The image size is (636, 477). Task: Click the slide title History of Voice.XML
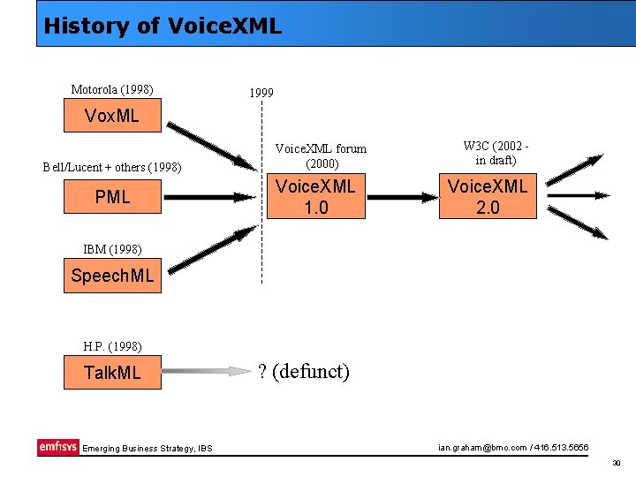[163, 25]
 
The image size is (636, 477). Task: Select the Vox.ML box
[112, 116]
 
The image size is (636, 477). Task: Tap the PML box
[112, 197]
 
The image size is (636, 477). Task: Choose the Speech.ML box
[112, 276]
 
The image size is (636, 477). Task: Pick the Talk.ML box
[112, 373]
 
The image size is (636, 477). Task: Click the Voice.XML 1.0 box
[315, 197]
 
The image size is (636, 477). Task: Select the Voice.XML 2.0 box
[488, 197]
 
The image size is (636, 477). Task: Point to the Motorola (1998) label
[112, 89]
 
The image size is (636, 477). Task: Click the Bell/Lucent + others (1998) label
[112, 168]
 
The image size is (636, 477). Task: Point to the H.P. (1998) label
[112, 346]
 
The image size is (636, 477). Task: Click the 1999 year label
[261, 92]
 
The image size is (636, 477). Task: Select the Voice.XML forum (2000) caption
[321, 155]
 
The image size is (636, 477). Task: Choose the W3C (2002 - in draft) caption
[496, 153]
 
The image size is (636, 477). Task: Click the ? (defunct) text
[303, 372]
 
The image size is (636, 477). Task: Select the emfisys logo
[57, 447]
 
